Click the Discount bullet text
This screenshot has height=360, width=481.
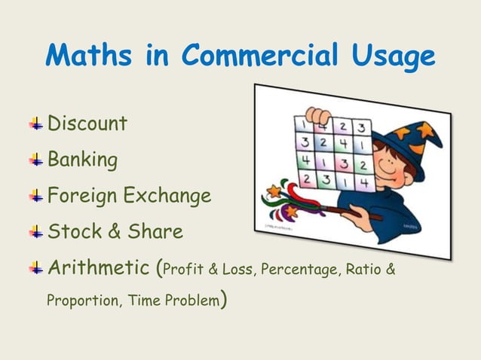point(87,124)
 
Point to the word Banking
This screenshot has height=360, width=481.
point(82,160)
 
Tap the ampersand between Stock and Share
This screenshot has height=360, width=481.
point(115,232)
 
